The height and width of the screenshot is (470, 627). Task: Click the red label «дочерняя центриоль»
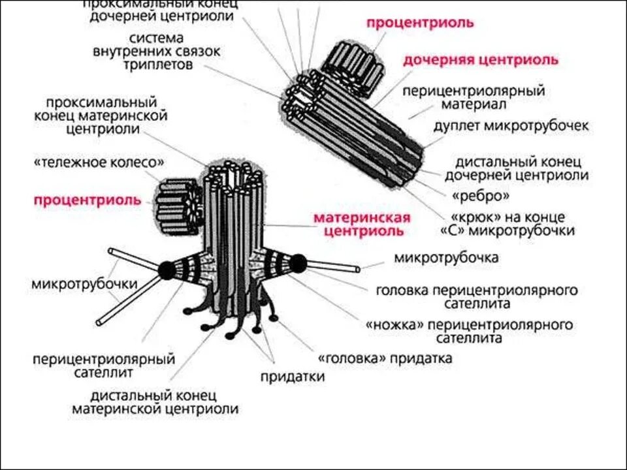[480, 60]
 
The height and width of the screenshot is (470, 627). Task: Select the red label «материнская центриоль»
[362, 224]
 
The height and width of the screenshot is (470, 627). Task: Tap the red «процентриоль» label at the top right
[419, 23]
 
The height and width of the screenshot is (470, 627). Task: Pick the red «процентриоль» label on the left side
[88, 200]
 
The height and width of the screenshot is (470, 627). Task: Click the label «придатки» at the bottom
[293, 376]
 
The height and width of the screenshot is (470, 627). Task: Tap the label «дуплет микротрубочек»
[511, 125]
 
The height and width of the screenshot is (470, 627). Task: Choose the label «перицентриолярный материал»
[473, 97]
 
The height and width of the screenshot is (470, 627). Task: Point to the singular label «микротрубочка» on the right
[446, 257]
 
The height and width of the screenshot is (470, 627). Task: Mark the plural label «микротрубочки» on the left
[84, 284]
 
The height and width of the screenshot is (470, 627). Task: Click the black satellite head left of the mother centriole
[167, 268]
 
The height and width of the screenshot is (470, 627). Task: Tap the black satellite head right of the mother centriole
[298, 264]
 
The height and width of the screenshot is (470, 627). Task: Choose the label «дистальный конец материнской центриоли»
[155, 402]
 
